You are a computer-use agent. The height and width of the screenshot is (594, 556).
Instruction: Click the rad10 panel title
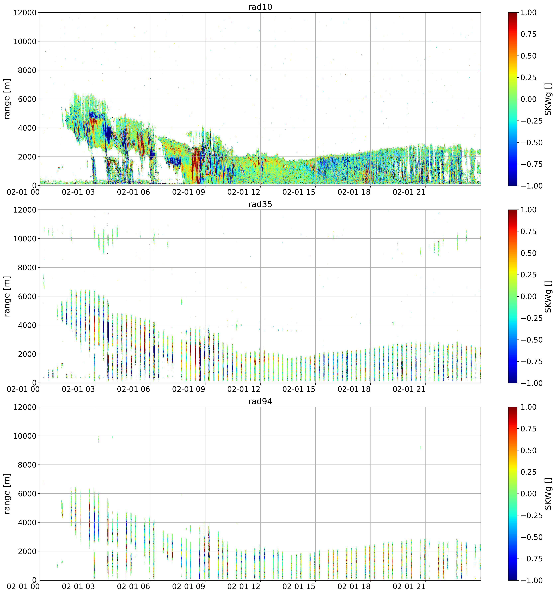(x=260, y=7)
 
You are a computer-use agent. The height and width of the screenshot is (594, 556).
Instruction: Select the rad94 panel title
(x=260, y=401)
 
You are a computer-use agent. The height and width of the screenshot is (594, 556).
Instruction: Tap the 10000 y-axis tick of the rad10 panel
(x=25, y=41)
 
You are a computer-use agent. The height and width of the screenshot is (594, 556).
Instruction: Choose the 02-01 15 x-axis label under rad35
(x=299, y=389)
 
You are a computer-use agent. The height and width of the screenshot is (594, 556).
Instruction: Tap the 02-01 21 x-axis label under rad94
(x=409, y=586)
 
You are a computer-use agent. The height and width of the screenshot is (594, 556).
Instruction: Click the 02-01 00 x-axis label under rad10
(x=23, y=192)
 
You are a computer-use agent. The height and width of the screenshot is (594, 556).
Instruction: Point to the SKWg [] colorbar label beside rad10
(x=548, y=99)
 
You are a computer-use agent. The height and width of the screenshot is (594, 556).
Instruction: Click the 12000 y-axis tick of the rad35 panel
(x=25, y=210)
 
